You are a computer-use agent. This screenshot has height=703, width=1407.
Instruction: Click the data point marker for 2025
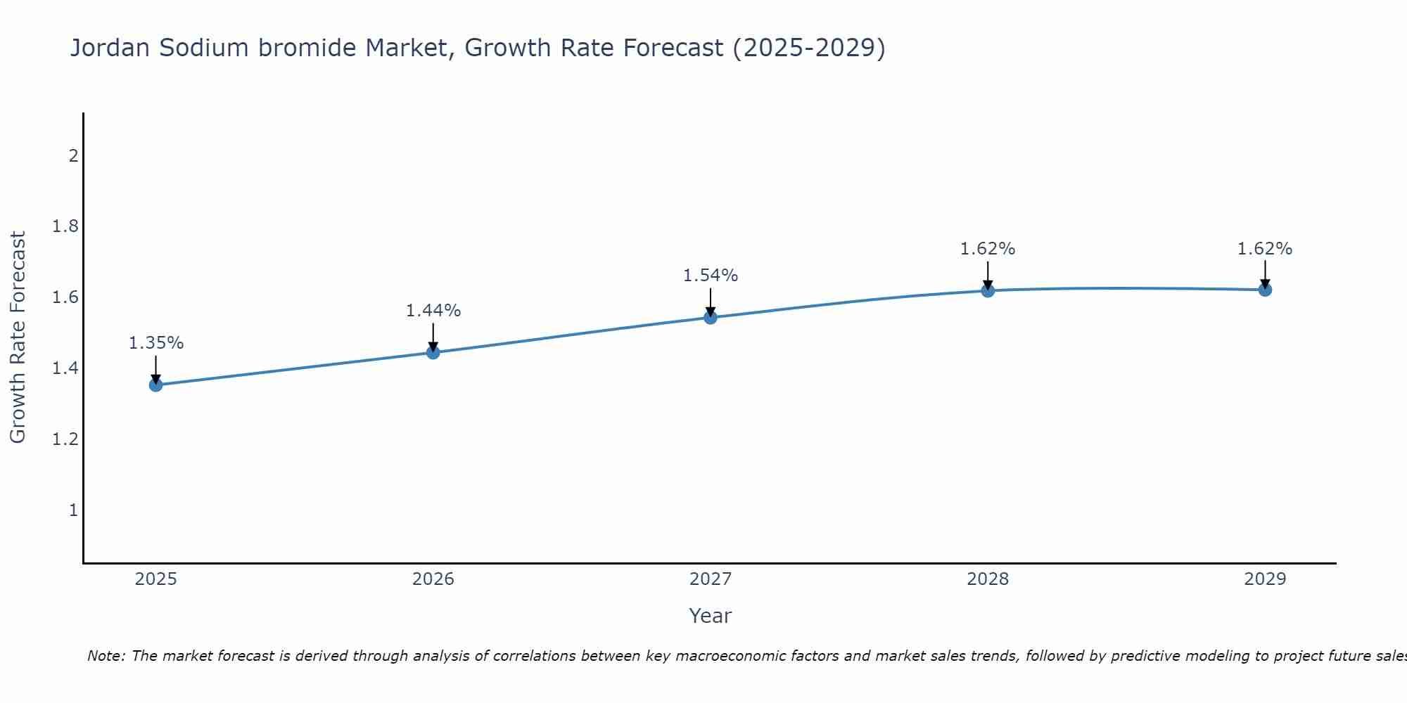tap(156, 385)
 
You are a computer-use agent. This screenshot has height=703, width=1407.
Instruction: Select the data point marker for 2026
tap(433, 352)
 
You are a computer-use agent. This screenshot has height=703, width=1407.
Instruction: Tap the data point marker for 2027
tap(711, 318)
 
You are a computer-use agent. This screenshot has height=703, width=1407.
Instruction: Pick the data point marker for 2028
tap(988, 290)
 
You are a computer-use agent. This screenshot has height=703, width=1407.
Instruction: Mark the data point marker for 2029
tap(1265, 290)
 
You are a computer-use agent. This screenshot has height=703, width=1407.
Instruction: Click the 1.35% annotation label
tap(156, 343)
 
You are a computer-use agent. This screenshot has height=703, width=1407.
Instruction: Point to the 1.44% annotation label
tap(433, 311)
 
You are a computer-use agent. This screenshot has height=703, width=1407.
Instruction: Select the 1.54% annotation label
tap(711, 276)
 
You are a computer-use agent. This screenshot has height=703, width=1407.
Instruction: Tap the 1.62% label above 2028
tap(988, 249)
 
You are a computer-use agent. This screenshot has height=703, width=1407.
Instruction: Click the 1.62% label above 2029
tap(1265, 249)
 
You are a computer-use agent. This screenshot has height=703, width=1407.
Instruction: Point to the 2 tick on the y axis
tap(73, 155)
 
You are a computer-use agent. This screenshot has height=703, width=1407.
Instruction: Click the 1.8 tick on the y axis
tap(65, 226)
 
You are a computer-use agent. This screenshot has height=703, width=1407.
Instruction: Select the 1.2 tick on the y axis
tap(65, 439)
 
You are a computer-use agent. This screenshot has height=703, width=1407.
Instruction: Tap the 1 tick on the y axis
tap(73, 510)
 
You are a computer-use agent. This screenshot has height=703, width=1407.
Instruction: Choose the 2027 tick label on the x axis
tap(711, 579)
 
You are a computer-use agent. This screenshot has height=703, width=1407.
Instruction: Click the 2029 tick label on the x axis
tap(1265, 579)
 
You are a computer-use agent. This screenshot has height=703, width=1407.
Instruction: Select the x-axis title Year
tap(711, 616)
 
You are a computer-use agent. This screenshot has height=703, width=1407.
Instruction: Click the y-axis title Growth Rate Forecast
tap(18, 337)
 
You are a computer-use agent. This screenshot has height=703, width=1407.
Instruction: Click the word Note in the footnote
tap(106, 656)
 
